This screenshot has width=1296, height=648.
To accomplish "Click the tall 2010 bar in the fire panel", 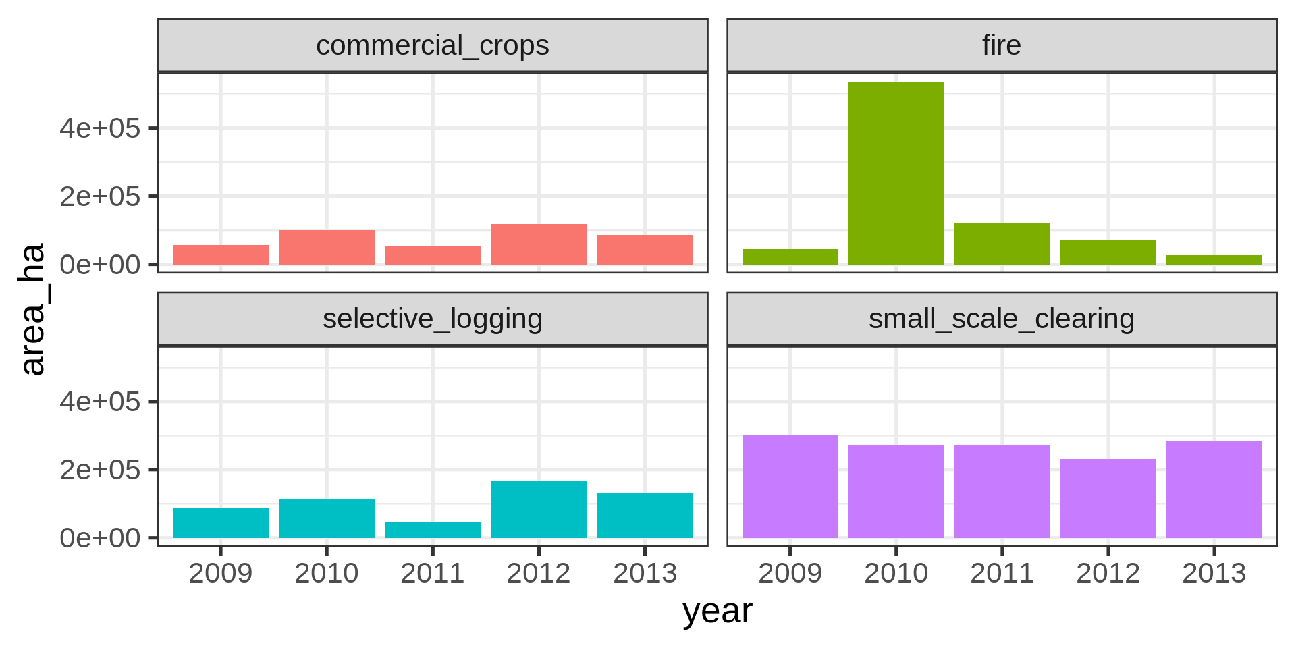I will point(896,173).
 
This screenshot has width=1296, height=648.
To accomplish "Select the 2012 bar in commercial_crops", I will point(539,244).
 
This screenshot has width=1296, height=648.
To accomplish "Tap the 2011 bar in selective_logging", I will point(433,530).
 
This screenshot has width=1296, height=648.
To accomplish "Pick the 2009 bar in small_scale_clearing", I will point(790,487).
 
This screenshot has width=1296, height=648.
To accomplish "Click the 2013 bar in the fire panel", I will point(1214,260).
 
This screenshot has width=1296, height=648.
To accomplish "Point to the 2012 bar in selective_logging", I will point(539,510).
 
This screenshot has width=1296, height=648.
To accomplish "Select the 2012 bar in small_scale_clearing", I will point(1108,498).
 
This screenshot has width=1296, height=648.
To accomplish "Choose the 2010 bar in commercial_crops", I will point(327,247).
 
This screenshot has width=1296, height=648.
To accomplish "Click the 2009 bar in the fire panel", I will point(790,256).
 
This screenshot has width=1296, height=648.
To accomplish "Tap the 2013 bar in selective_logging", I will point(645,516).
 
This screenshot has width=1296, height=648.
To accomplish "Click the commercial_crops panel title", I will point(433,46).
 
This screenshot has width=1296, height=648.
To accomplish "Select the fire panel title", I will point(1002,46).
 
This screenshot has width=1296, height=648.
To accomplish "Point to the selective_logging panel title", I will point(433,319).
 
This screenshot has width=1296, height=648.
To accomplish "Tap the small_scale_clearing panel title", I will point(1002,319).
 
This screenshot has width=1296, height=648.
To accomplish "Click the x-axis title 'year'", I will point(717,612).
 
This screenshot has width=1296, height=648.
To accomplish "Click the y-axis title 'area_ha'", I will point(32,308).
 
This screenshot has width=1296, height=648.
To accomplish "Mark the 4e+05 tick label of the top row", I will point(100,128).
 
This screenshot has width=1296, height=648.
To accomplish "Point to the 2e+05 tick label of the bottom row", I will point(100,470).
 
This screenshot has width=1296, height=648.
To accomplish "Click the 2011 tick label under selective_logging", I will point(433,574).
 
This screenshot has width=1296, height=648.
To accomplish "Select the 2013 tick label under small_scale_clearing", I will point(1214,574).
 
